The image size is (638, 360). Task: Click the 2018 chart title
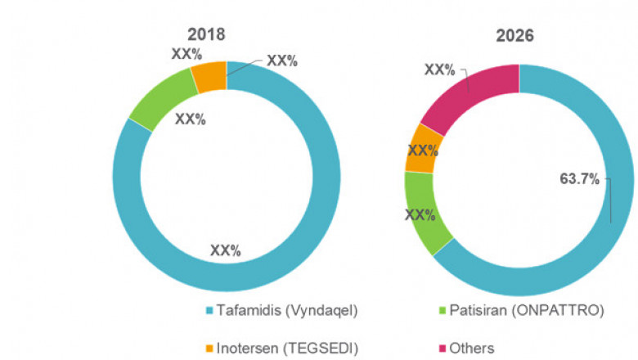point(205,35)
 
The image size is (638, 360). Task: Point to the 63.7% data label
point(575,179)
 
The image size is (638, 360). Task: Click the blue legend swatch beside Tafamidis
point(209,311)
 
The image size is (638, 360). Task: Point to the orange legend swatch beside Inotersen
point(209,348)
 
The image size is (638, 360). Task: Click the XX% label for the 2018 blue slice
point(225,250)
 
